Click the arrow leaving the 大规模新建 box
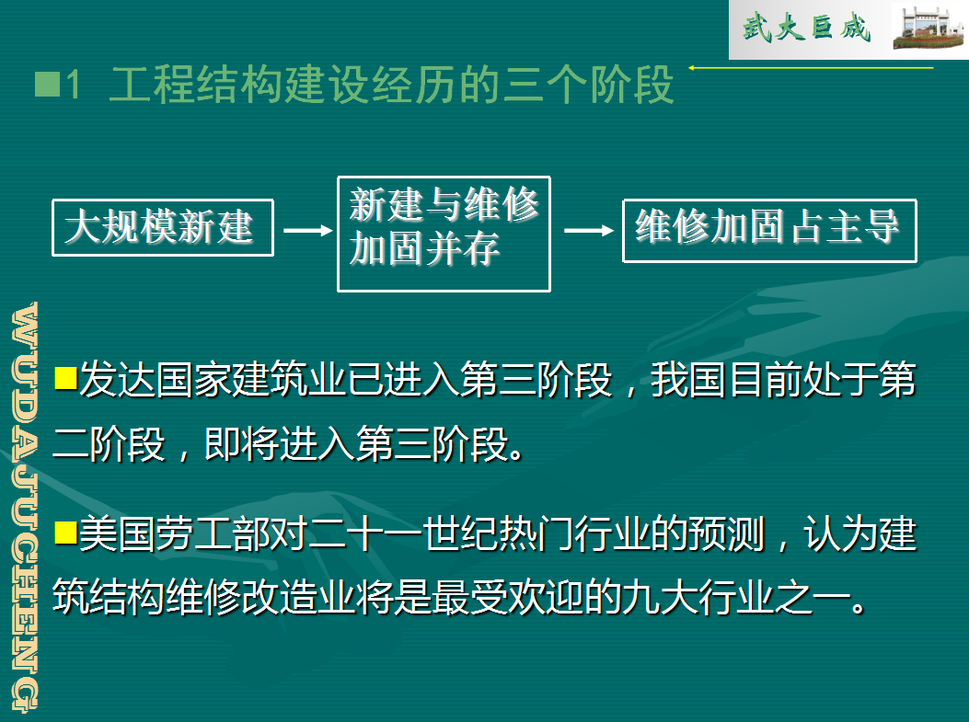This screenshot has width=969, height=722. coord(307,230)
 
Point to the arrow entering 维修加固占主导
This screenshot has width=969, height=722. coord(588,230)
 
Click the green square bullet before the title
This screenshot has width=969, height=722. coord(47,85)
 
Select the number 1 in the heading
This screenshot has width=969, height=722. coord(75,85)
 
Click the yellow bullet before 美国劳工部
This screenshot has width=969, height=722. coord(65,533)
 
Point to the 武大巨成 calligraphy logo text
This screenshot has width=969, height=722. coord(806,28)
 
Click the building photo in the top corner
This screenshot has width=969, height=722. coord(929,29)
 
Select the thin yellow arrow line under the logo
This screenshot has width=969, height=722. coord(811,67)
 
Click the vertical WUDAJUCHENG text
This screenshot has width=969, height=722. coord(25,507)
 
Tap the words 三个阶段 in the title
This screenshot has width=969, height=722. coord(588,85)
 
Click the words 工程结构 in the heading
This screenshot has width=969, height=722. coord(196,85)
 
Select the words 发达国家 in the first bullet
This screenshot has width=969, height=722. coord(155,379)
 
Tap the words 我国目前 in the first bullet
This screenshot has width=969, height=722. coord(727,379)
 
